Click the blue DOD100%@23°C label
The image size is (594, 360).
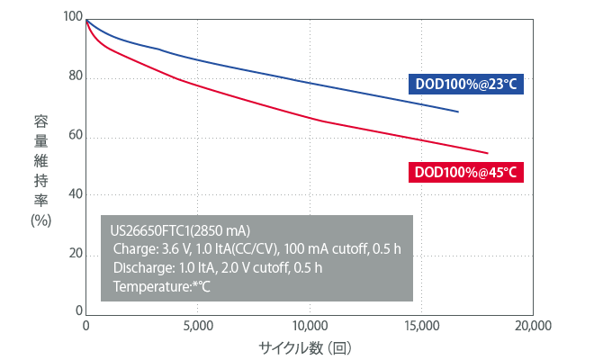coord(465,84)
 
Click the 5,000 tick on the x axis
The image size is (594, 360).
coord(197,326)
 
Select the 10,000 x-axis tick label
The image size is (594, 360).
coord(309,326)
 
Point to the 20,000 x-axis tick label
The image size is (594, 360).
coord(532,326)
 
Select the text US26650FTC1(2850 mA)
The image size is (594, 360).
coord(175,230)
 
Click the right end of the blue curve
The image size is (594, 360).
coord(458,112)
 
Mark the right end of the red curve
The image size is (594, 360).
coord(487,152)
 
